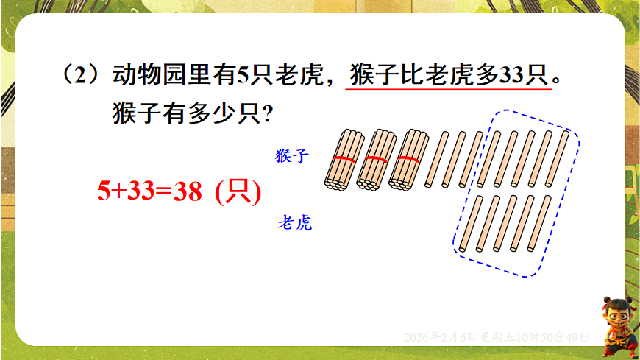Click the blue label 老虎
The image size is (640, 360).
pos(294,222)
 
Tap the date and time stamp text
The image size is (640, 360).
pos(496,336)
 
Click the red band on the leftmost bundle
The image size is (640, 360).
pos(342,159)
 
